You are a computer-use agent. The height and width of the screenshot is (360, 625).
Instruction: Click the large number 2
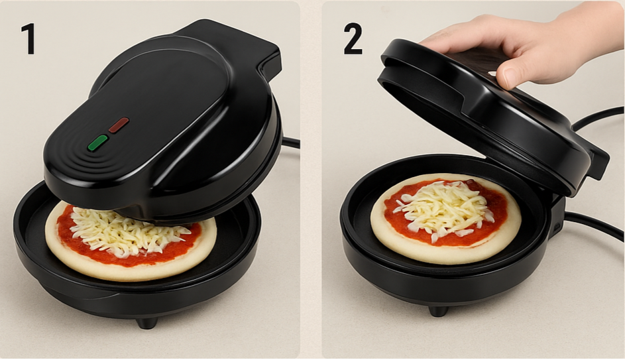point(353,38)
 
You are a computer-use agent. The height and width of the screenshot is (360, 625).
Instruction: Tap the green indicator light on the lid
point(97,143)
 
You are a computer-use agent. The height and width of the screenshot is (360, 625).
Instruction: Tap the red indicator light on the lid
point(119,125)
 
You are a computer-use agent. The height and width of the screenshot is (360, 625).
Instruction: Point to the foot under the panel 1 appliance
point(146,322)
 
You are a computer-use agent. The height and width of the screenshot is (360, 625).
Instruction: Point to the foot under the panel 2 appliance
point(438,310)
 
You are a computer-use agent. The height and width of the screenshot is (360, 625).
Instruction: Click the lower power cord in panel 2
point(595,225)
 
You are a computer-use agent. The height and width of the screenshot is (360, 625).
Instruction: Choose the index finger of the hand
point(459,34)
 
